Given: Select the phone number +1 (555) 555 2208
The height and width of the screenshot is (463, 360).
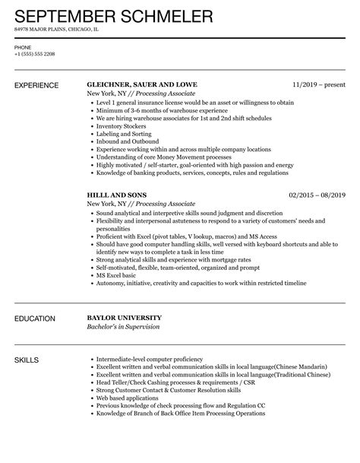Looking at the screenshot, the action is (x=35, y=55).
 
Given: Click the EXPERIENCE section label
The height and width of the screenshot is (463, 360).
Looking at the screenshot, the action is (x=38, y=85).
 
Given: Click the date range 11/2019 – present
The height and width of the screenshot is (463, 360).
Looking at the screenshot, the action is (x=317, y=85).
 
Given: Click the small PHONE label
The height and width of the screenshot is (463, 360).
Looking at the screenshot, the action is (x=23, y=47).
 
